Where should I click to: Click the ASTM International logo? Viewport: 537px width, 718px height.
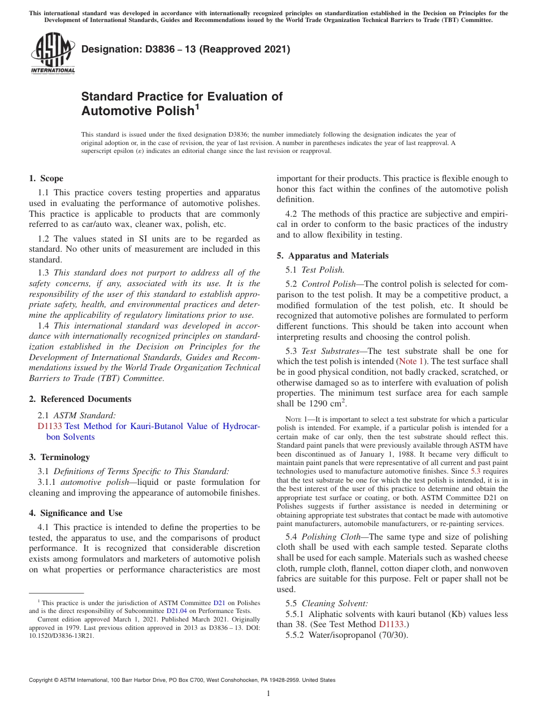click(x=53, y=53)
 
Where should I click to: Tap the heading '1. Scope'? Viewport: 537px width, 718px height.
click(x=46, y=178)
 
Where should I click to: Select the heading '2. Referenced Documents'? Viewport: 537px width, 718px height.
click(x=80, y=399)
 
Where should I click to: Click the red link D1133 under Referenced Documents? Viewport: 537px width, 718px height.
click(x=50, y=426)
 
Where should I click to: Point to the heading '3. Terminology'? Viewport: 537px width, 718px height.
click(x=59, y=457)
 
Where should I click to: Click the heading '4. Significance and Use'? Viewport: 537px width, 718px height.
click(x=75, y=513)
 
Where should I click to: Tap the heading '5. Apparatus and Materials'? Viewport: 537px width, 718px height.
click(x=332, y=256)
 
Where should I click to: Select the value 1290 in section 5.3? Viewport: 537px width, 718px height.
click(x=319, y=404)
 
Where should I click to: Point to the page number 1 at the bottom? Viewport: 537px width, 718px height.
click(x=268, y=694)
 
